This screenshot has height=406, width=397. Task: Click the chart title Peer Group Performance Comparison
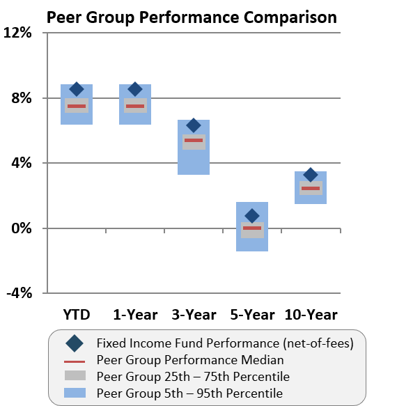[x=192, y=16]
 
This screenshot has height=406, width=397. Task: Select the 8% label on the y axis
[x=21, y=98]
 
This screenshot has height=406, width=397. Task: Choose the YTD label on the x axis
[x=76, y=315]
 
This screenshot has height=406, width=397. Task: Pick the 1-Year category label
[x=135, y=315]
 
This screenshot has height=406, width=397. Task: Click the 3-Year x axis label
[x=194, y=315]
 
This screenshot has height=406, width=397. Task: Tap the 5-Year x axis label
[x=252, y=315]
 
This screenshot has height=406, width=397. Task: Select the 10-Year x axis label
[x=311, y=315]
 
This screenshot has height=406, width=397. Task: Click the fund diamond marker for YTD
[x=77, y=89]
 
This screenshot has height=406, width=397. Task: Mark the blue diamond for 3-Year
[x=194, y=125]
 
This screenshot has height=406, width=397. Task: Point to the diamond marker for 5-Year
[x=252, y=216]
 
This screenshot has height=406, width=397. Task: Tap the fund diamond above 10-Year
[x=311, y=175]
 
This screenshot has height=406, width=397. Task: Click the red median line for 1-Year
[x=135, y=107]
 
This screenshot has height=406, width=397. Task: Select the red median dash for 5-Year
[x=252, y=228]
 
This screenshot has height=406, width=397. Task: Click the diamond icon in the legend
[x=75, y=343]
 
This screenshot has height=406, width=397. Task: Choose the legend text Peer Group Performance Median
[x=190, y=360]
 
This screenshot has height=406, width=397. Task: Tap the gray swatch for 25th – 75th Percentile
[x=75, y=377]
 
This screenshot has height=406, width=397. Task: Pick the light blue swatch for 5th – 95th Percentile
[x=75, y=393]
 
